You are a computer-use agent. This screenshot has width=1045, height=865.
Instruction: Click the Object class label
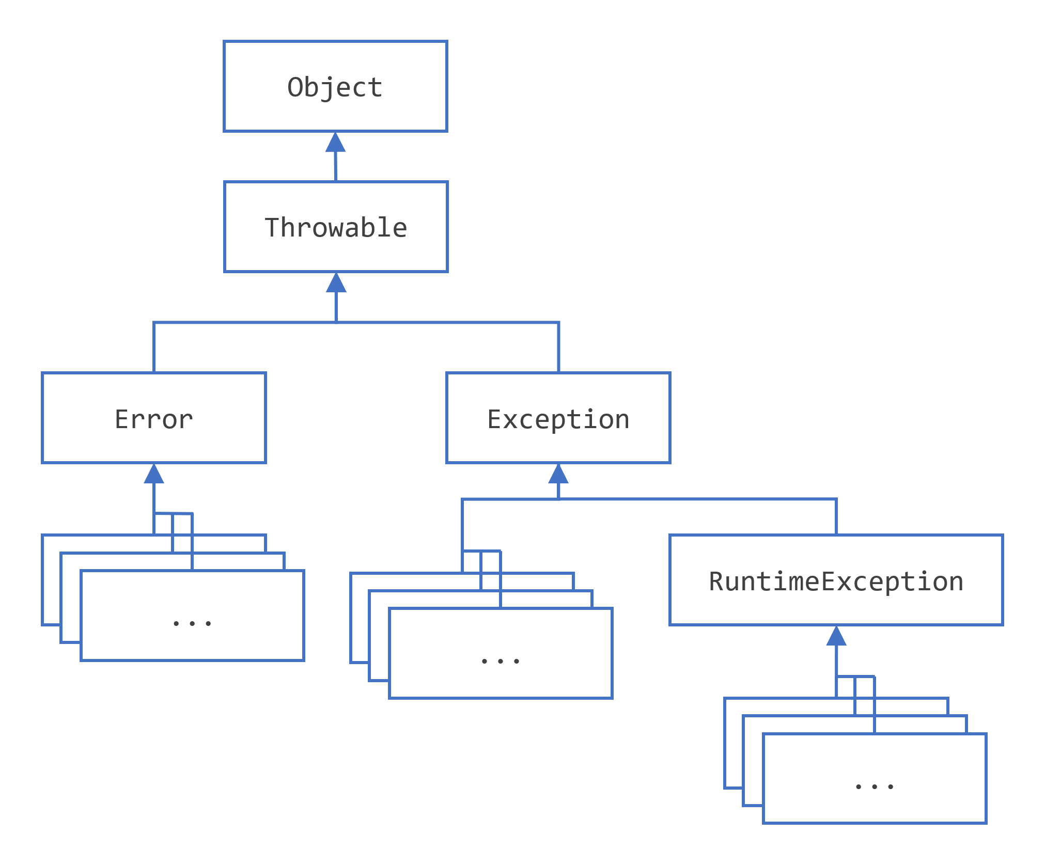pos(335,87)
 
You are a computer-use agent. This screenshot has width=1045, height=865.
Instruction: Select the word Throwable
pos(336,228)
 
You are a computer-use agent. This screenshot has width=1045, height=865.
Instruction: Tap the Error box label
pos(153,419)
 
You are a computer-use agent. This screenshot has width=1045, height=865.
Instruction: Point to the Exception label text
pos(558,419)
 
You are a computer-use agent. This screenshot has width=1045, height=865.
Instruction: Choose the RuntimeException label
pos(836,581)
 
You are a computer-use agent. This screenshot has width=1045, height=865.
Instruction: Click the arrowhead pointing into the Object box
pos(335,143)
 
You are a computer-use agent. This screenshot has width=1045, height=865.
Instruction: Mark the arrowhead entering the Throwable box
pos(336,283)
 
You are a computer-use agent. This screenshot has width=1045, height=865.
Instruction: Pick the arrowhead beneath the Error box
pos(154,474)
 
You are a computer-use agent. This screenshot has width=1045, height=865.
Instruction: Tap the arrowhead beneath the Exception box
pos(558,474)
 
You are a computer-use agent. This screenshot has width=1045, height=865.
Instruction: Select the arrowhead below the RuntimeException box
pos(836,636)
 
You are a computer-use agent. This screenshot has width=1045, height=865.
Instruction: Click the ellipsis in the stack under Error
pos(192,623)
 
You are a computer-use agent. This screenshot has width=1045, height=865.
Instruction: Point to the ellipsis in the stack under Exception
pos(500,661)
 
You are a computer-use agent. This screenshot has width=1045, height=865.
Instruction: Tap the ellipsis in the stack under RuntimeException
pos(874,787)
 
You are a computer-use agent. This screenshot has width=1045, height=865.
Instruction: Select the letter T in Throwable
pos(272,228)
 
